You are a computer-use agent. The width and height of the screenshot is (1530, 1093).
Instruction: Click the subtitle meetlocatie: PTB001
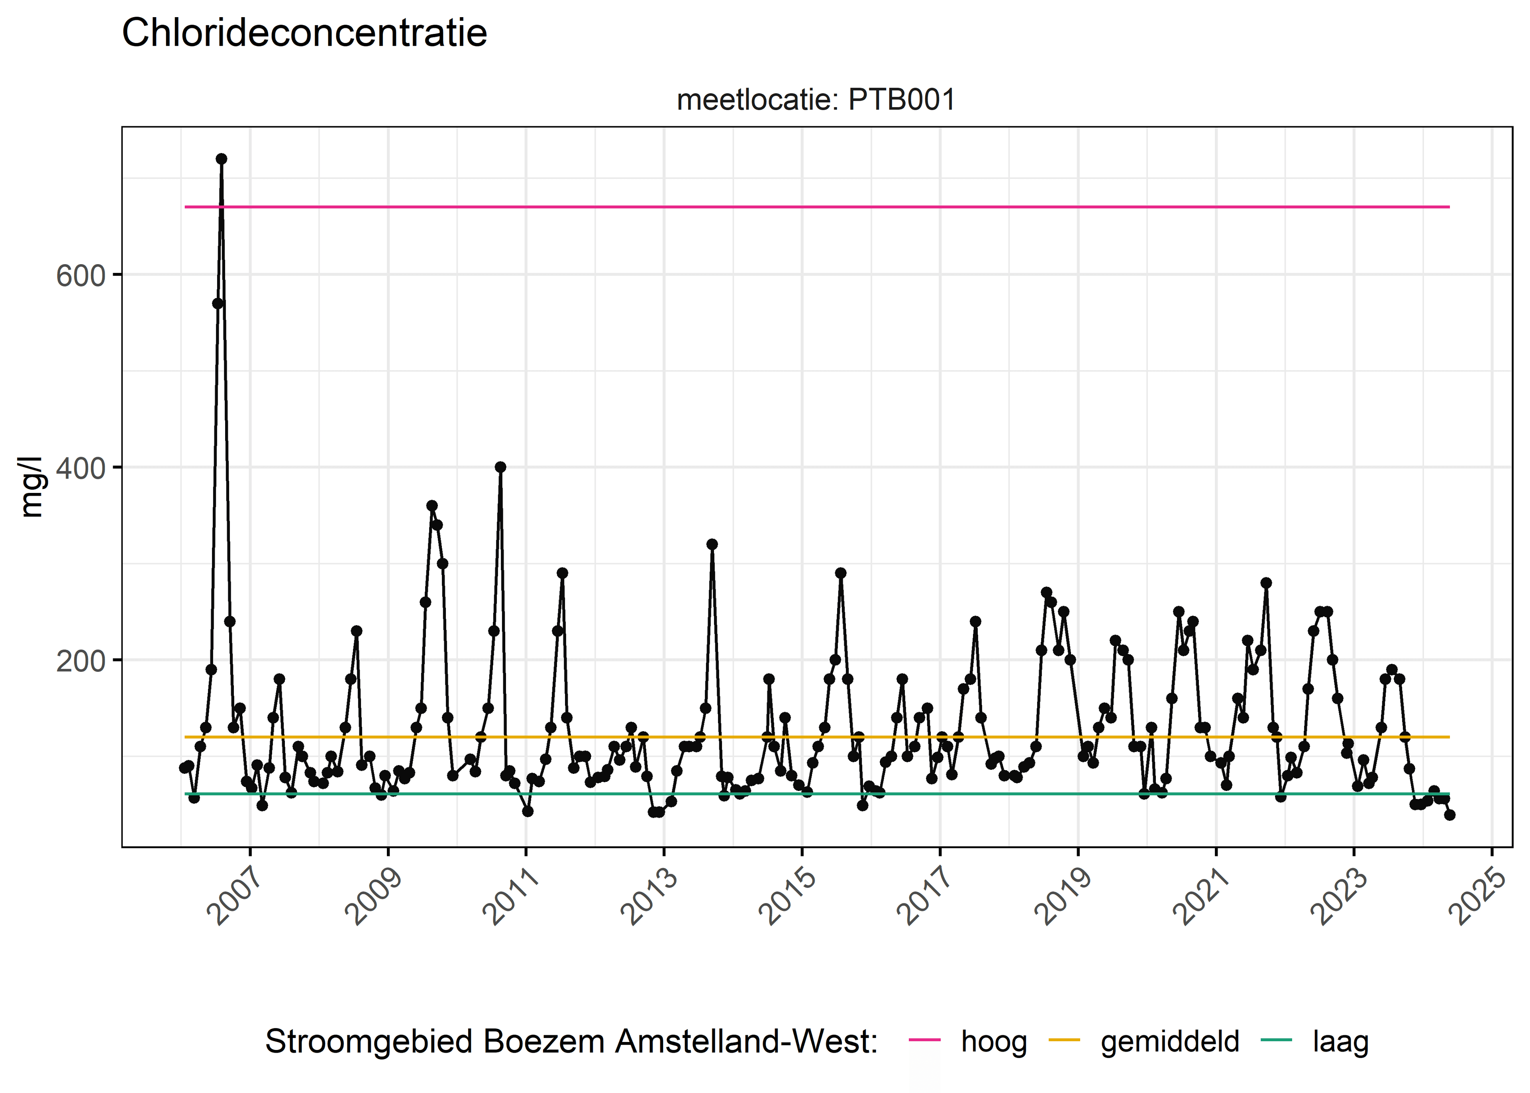(816, 100)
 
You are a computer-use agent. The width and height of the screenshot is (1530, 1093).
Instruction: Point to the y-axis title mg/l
(31, 487)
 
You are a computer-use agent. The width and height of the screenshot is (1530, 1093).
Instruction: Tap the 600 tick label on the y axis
(81, 275)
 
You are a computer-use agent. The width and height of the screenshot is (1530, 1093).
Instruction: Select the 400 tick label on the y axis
(81, 468)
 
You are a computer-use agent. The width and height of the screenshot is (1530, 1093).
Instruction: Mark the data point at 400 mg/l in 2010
(500, 467)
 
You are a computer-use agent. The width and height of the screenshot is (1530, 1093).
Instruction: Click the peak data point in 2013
(712, 544)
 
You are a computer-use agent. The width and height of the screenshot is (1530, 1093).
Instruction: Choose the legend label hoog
(994, 1042)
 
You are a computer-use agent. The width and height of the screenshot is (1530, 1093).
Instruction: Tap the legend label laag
(1341, 1042)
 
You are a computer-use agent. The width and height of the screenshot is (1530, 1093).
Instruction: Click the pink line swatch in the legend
(924, 1040)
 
